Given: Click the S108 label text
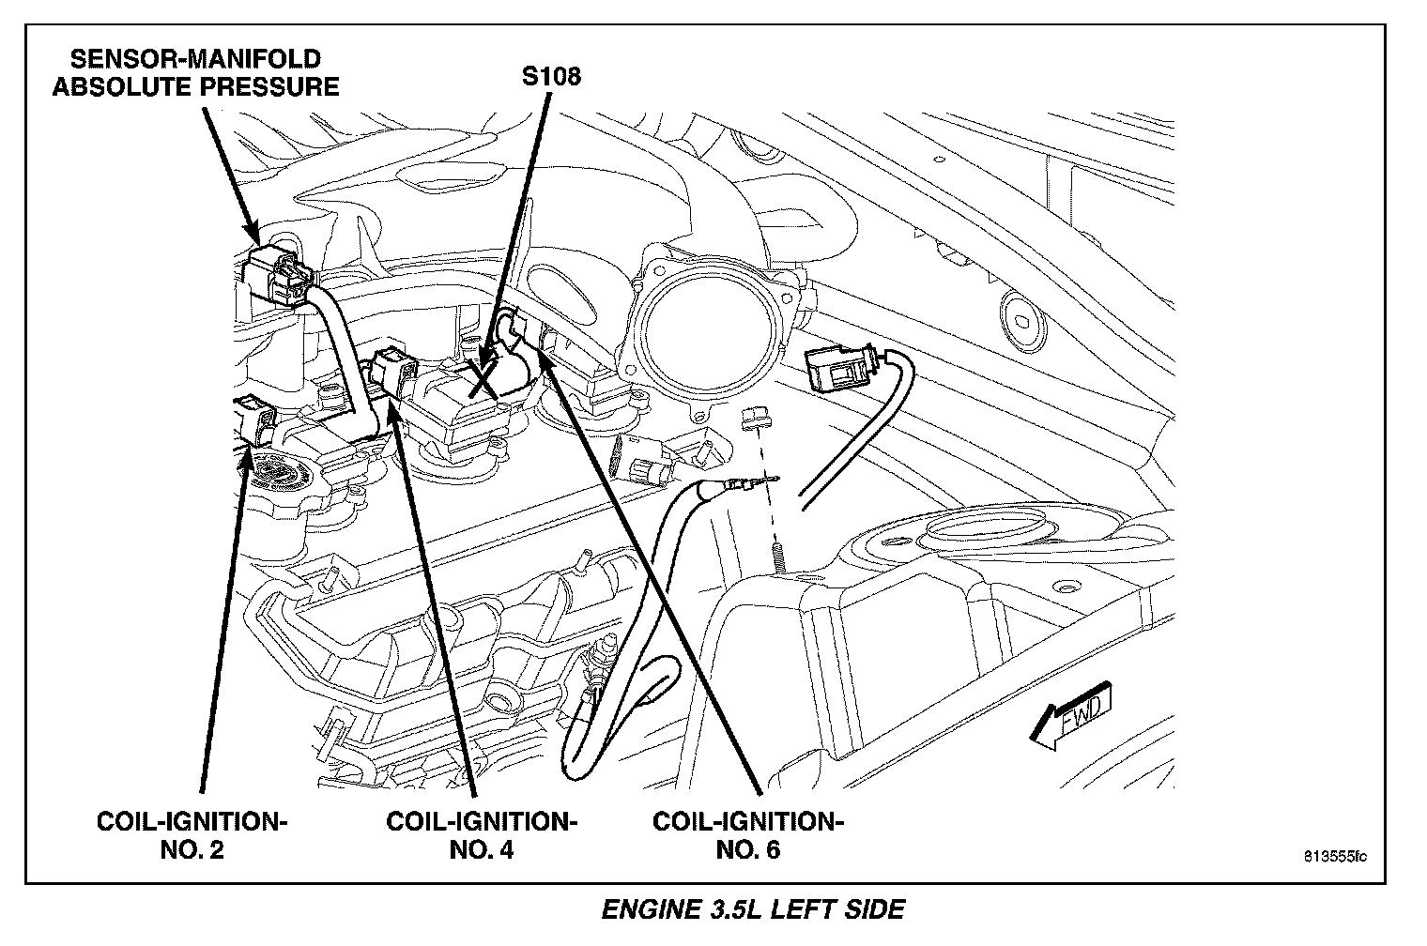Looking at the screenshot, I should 551,76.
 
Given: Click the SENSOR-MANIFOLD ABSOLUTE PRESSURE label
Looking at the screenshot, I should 195,73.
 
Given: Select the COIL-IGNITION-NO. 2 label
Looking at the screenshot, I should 192,835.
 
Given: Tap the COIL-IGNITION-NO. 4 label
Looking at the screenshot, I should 482,835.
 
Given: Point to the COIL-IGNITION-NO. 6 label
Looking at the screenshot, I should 747,835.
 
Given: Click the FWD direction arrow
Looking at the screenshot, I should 1070,719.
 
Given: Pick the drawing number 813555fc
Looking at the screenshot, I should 1334,857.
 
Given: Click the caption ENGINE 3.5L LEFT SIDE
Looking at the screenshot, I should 753,909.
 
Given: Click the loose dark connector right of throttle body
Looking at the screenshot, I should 838,368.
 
